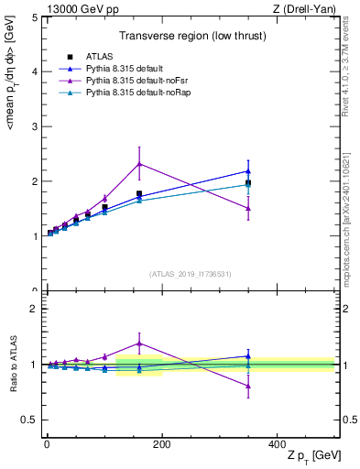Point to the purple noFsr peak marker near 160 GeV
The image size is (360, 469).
139,164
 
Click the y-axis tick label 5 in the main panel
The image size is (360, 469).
34,17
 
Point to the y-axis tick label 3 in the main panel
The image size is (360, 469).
34,126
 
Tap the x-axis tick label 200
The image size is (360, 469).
162,445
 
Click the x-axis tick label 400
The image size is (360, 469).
277,445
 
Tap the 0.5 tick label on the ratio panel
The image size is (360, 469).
29,420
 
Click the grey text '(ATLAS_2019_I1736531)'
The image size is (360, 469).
190,274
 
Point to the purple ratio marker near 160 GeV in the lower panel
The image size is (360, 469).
139,344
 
